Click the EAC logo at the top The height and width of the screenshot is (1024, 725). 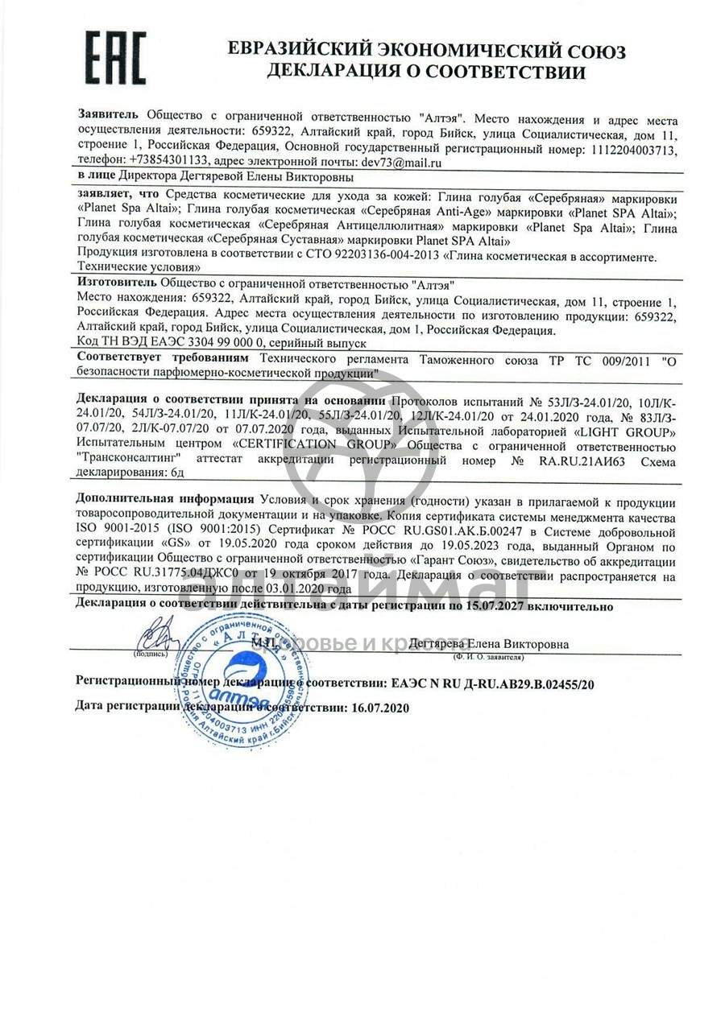tap(116, 59)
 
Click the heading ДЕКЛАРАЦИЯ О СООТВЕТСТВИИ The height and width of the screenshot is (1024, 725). tap(426, 72)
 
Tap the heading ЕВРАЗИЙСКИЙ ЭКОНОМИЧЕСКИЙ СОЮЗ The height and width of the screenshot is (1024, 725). tap(426, 49)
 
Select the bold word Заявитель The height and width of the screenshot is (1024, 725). tap(108, 114)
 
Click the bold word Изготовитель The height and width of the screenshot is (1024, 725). tap(117, 284)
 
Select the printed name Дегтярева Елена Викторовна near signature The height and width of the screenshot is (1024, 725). tap(488, 644)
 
